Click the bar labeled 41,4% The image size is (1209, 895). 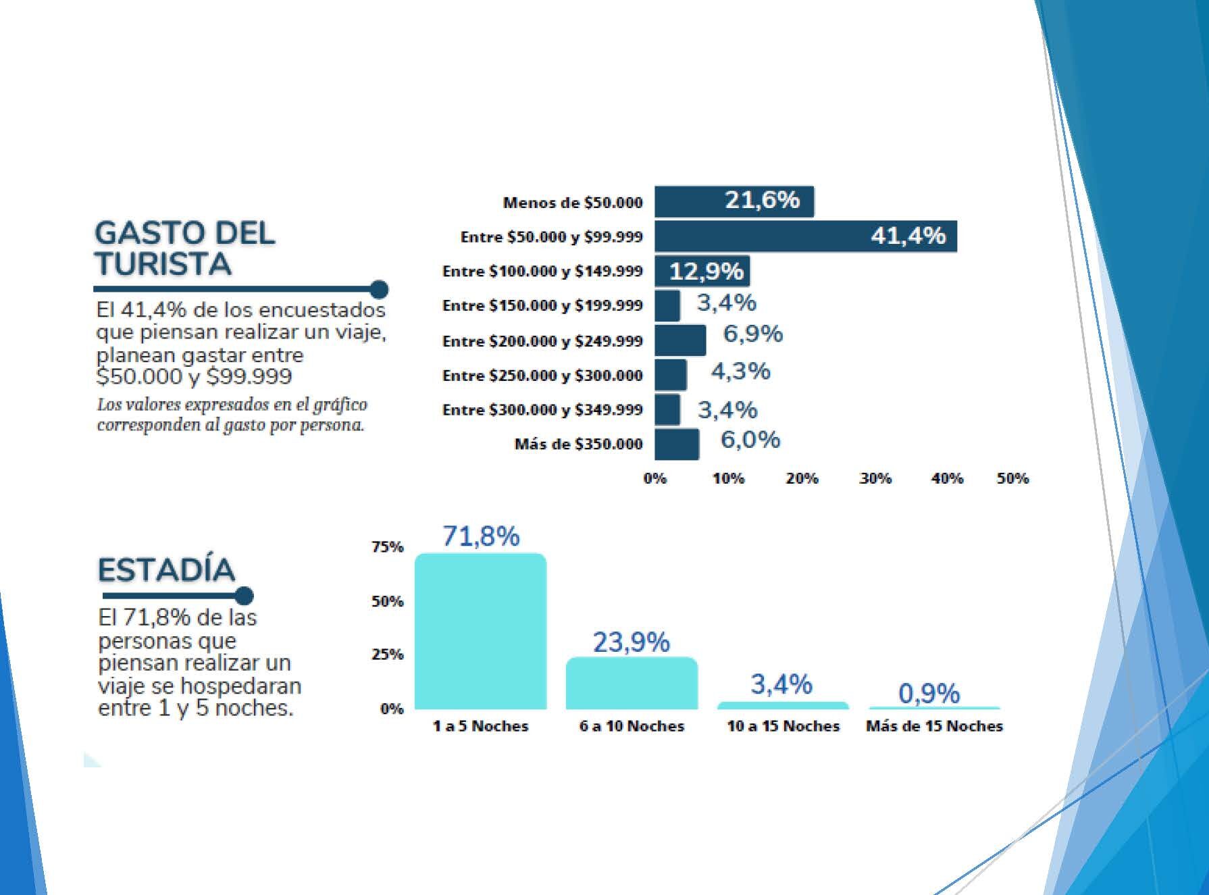coord(805,236)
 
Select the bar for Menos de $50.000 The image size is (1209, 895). coord(734,201)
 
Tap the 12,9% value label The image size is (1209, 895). coord(706,272)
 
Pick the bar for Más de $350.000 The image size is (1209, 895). coord(677,444)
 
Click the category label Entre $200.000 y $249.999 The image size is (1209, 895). coord(542,341)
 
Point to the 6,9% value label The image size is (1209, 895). coord(752,334)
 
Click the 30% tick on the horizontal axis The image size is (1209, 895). coord(875,478)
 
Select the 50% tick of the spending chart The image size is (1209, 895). coord(1012,478)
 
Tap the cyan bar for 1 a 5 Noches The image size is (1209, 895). coord(480,632)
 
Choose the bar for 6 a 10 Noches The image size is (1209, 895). coord(632,683)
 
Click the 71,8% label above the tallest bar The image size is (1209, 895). coord(481,536)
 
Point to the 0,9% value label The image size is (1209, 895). coord(929,694)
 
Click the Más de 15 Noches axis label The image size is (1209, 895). coord(934,726)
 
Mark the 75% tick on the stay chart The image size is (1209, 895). coord(387,546)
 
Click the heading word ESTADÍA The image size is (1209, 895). coord(166,570)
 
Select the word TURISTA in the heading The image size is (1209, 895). coord(163,263)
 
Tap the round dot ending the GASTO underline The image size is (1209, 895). coord(380,290)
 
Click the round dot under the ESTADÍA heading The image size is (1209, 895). coord(245,596)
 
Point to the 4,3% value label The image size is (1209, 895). coord(740,371)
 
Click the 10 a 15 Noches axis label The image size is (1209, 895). coord(783,726)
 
